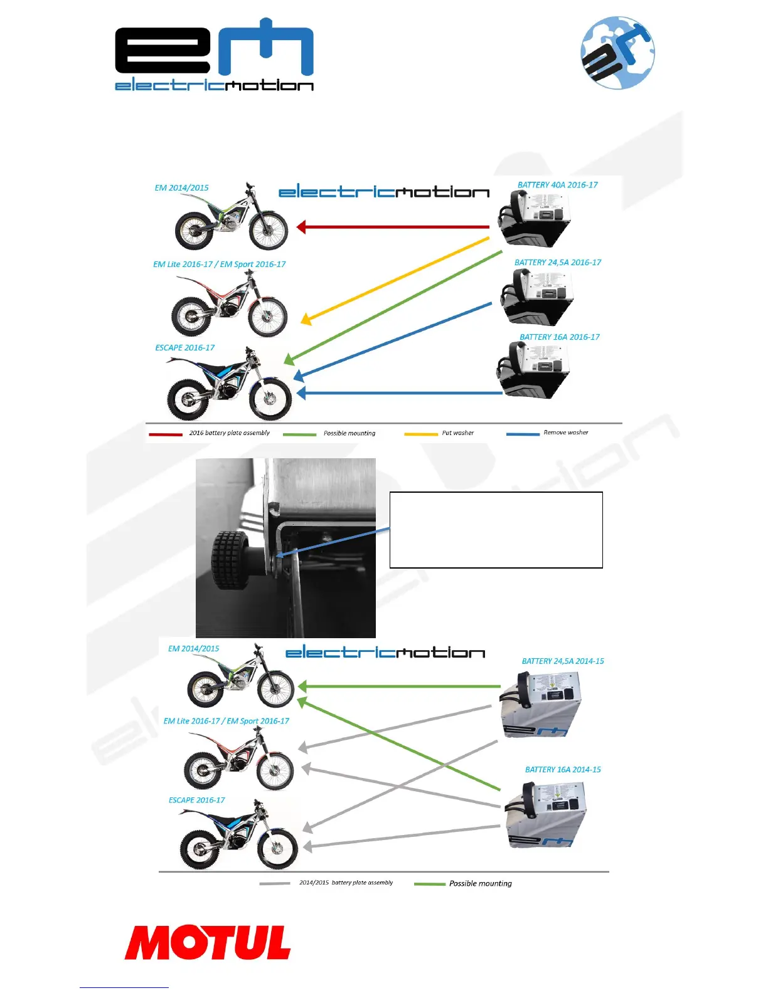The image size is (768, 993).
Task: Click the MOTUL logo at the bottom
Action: [208, 942]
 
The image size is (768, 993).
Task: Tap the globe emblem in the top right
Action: [617, 53]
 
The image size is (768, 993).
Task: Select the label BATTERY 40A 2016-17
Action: [557, 185]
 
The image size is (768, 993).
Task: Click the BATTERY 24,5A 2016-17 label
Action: [557, 263]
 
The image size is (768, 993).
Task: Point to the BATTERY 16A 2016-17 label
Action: [559, 337]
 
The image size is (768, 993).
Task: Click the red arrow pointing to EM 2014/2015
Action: [393, 227]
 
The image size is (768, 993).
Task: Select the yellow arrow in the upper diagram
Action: [395, 279]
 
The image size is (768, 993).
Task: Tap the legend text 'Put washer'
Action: [457, 433]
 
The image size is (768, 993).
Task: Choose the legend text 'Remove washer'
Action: [565, 433]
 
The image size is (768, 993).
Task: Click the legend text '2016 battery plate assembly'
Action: [229, 433]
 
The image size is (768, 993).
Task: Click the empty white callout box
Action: [496, 530]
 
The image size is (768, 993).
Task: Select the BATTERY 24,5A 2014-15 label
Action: [562, 661]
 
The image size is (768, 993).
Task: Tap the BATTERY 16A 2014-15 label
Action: [562, 770]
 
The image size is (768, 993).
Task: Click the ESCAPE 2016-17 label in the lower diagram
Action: [196, 801]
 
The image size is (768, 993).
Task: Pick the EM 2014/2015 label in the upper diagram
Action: [181, 188]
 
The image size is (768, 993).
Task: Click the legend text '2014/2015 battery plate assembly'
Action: [346, 883]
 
